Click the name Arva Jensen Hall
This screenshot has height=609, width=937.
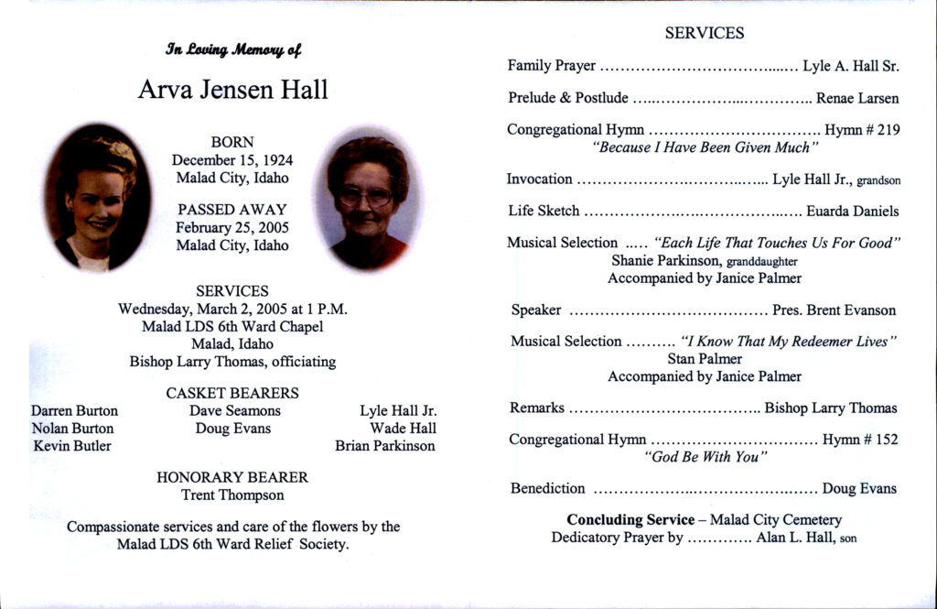tap(232, 90)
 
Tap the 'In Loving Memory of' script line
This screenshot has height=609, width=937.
tap(233, 49)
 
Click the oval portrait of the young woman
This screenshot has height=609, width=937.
tap(98, 198)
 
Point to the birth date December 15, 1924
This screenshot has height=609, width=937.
tap(232, 160)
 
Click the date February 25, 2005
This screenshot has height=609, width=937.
tap(232, 227)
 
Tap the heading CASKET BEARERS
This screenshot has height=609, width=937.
tap(232, 393)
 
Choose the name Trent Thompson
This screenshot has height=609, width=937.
tap(232, 495)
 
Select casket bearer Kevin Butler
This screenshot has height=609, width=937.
tap(72, 446)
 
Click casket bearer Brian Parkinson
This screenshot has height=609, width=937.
tap(385, 446)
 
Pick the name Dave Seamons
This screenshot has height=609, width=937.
tap(235, 411)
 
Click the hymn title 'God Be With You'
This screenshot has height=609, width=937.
tap(705, 457)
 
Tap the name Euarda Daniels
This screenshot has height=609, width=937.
tap(852, 211)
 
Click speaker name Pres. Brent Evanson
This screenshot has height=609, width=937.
tap(835, 310)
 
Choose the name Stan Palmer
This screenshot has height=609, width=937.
tap(705, 359)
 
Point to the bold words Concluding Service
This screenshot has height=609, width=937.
tap(630, 520)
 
